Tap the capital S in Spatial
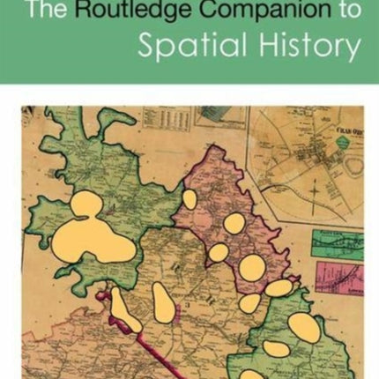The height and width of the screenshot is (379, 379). [145, 46]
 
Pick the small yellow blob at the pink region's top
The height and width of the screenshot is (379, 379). [189, 199]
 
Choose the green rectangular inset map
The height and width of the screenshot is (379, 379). [338, 243]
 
